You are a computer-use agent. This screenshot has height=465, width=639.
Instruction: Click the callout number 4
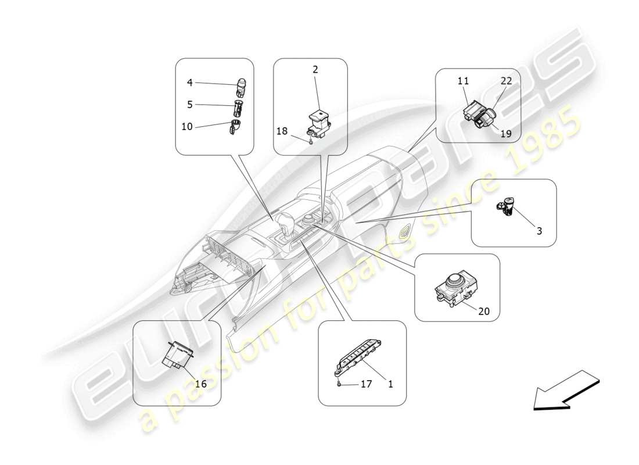pyautogui.click(x=189, y=83)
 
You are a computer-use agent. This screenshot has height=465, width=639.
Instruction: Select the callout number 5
pyautogui.click(x=189, y=105)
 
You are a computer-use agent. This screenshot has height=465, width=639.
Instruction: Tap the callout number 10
pyautogui.click(x=187, y=126)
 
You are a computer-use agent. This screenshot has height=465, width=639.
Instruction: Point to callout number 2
pyautogui.click(x=315, y=69)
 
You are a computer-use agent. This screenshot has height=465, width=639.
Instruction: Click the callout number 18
pyautogui.click(x=282, y=131)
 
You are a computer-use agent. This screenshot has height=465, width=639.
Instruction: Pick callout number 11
pyautogui.click(x=463, y=81)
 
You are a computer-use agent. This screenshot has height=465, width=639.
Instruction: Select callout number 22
pyautogui.click(x=507, y=81)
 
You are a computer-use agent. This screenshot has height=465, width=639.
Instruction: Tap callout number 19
pyautogui.click(x=506, y=133)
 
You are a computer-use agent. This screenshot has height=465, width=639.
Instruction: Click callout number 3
pyautogui.click(x=539, y=231)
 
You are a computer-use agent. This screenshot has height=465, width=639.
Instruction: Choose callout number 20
pyautogui.click(x=484, y=311)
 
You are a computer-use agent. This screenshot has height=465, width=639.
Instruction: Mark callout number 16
pyautogui.click(x=200, y=384)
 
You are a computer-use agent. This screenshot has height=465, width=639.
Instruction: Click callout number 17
pyautogui.click(x=367, y=384)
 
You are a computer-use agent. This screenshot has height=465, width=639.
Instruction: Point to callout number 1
pyautogui.click(x=390, y=384)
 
